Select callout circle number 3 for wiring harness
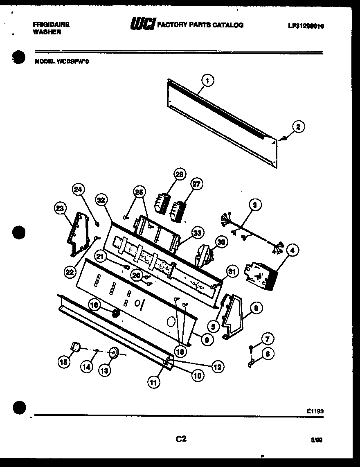[254, 205]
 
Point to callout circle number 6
[256, 309]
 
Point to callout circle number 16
[94, 305]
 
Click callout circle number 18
[180, 351]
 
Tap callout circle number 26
[179, 174]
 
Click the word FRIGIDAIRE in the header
[51, 25]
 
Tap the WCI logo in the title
[142, 25]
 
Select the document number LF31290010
[306, 25]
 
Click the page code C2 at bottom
[181, 439]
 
